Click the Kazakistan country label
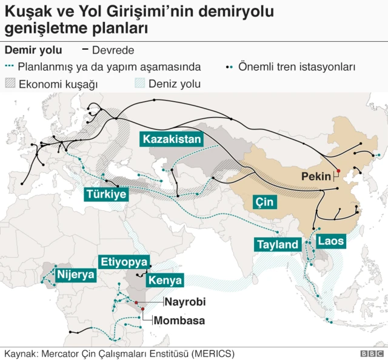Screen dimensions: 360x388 [x=172, y=139]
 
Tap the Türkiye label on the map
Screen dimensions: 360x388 [x=106, y=195]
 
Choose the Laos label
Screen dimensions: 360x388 [x=330, y=241]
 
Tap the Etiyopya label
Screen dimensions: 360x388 [x=124, y=262]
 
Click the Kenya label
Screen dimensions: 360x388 [x=165, y=281]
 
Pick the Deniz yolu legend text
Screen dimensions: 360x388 [x=174, y=84]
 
